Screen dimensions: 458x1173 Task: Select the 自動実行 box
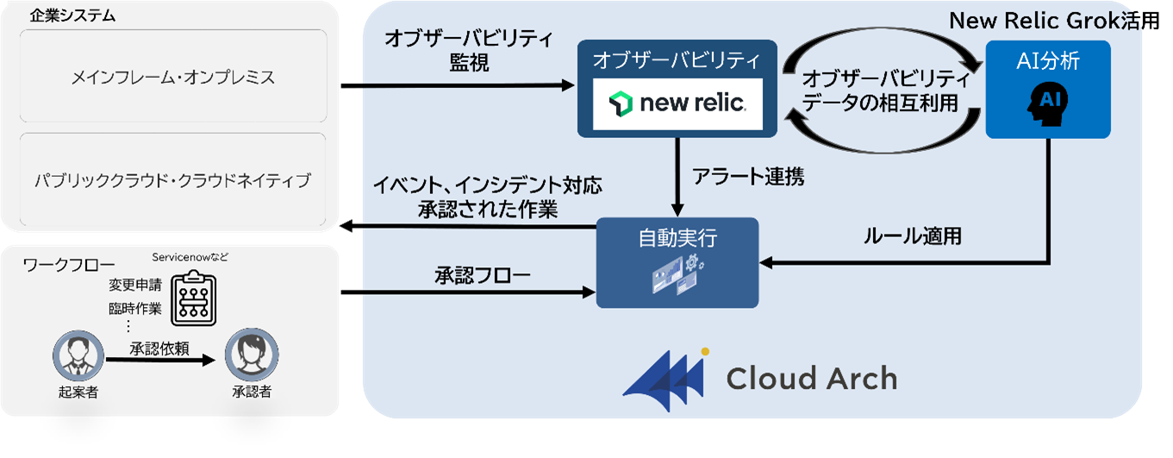pyautogui.click(x=677, y=262)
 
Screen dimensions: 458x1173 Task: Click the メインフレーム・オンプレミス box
pyautogui.click(x=172, y=78)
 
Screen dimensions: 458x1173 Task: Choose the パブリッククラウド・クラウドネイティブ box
pyautogui.click(x=172, y=180)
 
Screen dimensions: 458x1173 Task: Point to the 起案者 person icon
pyautogui.click(x=72, y=355)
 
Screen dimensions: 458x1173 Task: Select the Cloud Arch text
pyautogui.click(x=811, y=378)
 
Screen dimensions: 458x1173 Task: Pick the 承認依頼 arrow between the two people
pyautogui.click(x=159, y=362)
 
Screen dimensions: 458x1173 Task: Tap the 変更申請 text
pyautogui.click(x=129, y=285)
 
